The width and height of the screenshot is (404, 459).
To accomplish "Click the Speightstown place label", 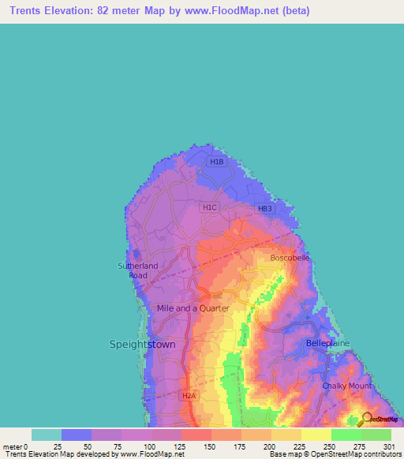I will coord(140,345).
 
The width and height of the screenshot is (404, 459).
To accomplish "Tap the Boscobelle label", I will coord(290,258).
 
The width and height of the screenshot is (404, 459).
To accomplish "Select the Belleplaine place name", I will coord(327,344).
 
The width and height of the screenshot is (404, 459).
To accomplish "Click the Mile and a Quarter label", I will coord(193,308).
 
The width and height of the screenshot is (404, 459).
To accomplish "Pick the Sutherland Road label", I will coord(138,271).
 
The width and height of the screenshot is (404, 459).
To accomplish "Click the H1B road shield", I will coord(217,162).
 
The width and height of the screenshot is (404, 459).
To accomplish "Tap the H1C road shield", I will coord(209,207).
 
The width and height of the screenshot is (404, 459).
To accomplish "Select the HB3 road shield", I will coord(264,208).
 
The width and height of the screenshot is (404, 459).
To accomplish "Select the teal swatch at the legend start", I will coord(47,435).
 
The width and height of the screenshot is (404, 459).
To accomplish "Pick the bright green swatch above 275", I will coord(346,435).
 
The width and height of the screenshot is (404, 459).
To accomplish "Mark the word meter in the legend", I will coord(11,446).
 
